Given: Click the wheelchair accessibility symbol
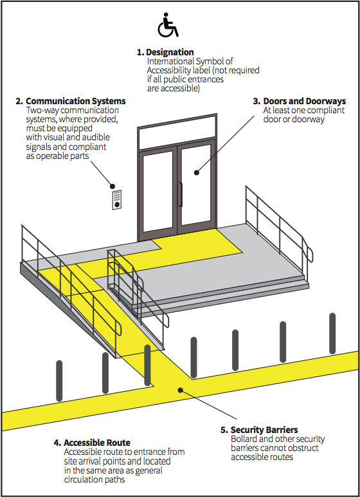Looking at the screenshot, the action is click(x=168, y=25).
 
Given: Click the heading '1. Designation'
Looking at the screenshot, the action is click(x=165, y=52).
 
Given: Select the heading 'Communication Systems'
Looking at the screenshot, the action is click(x=76, y=101).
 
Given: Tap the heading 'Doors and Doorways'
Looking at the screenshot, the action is click(x=305, y=101).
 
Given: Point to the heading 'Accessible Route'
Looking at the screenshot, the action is click(x=97, y=443).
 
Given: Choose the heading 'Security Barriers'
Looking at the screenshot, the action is click(x=264, y=430).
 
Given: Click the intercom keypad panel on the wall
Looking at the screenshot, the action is click(x=117, y=199).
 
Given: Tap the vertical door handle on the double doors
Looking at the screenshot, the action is click(x=181, y=194).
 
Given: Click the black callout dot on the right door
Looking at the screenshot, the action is click(x=197, y=172).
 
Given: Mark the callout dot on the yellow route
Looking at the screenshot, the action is click(x=180, y=390).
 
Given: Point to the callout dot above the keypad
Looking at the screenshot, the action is click(x=112, y=186).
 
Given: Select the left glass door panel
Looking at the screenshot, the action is click(x=157, y=190).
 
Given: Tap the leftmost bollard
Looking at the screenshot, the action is click(x=59, y=380).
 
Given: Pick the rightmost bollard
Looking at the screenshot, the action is click(x=332, y=333).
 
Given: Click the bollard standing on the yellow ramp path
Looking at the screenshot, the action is click(x=147, y=365).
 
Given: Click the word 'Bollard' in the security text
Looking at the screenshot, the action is click(x=244, y=439).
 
